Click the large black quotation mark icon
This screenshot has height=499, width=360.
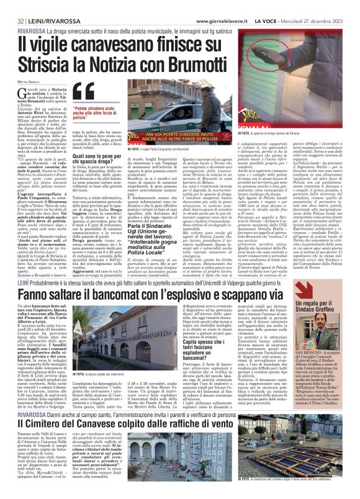click(x=83, y=93)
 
